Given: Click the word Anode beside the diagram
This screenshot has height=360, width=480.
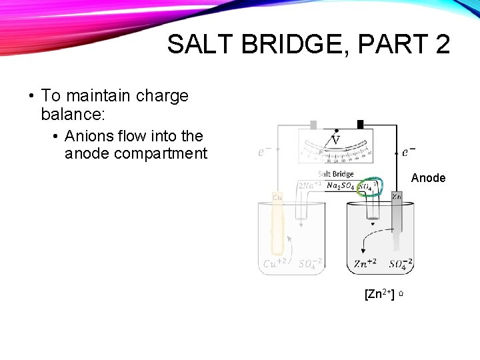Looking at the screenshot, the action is [x=428, y=178].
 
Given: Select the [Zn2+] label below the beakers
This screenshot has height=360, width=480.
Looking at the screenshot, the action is [x=379, y=293].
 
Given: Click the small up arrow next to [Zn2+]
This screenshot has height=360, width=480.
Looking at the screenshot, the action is [x=403, y=294].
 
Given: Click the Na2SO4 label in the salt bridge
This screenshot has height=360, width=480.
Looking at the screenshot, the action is [x=340, y=186].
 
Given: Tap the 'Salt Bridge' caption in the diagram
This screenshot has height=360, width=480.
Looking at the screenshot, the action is [x=335, y=174].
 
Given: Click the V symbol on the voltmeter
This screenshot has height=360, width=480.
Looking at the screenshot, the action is [x=335, y=140].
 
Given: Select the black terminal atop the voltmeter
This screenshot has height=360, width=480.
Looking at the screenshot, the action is [x=360, y=124].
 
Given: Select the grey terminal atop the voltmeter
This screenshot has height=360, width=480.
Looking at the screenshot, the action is [x=313, y=125].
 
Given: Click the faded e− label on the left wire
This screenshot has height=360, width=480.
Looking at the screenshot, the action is [x=265, y=152].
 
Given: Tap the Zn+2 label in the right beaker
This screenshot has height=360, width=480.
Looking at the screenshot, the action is [x=365, y=263].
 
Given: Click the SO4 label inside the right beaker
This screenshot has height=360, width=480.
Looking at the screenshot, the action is [x=401, y=264].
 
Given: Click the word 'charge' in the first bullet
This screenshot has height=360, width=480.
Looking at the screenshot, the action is [x=162, y=96].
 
